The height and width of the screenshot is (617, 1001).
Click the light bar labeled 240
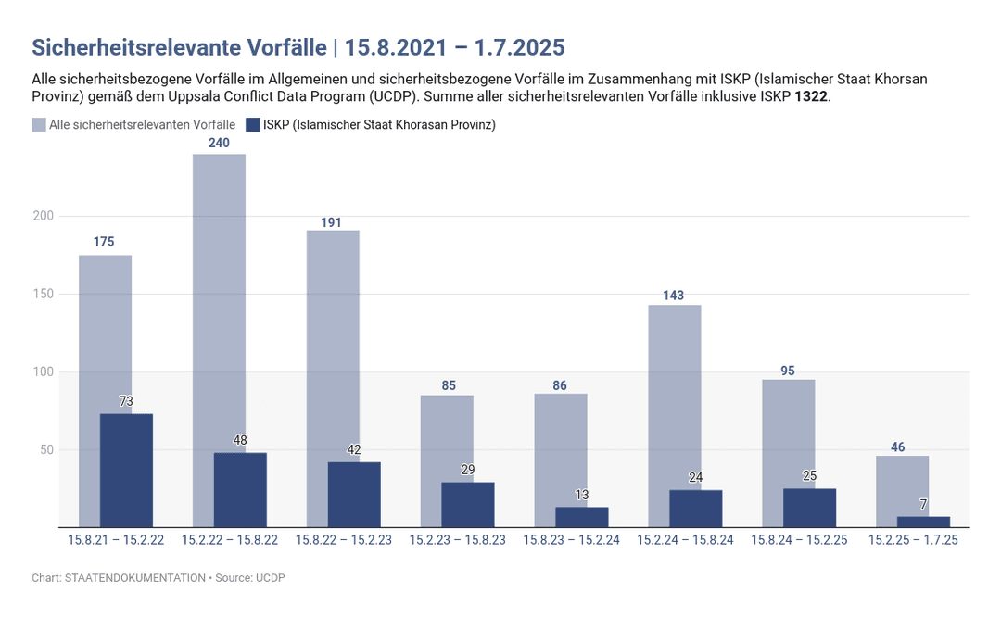[219, 296]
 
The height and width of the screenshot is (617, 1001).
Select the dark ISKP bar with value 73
[126, 471]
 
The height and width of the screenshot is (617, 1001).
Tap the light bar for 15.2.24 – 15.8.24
[674, 389]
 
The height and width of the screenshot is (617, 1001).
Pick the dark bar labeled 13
[582, 517]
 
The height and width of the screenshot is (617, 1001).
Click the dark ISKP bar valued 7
[923, 522]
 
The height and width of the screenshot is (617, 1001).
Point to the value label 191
[332, 222]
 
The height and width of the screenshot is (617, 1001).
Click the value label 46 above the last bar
[897, 447]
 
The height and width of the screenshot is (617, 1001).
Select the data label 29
[468, 470]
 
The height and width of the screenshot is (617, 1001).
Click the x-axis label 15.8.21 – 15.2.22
[116, 540]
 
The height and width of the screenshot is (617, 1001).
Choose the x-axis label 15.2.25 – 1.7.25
[913, 540]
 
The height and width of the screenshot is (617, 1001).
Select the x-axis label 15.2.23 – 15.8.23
[458, 540]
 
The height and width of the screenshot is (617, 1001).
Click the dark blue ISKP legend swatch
[253, 125]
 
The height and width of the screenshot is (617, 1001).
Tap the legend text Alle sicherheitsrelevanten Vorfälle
[142, 125]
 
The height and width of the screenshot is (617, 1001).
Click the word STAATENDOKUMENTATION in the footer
[135, 577]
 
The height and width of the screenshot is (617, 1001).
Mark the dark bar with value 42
[354, 495]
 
